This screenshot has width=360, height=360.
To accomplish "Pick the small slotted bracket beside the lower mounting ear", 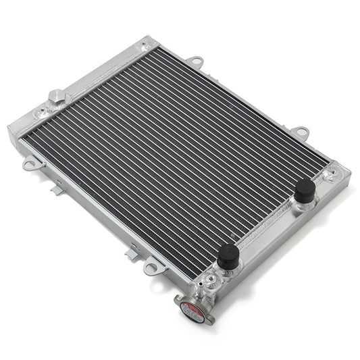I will coord(132,254).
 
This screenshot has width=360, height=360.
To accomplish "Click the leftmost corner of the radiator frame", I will coord(9,128).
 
